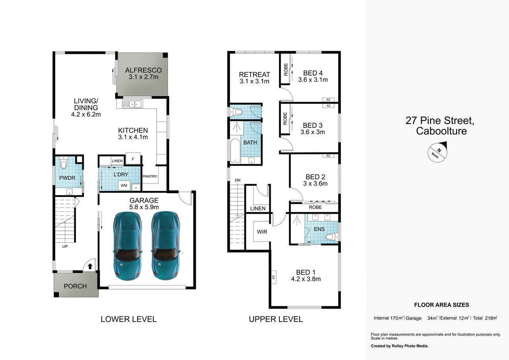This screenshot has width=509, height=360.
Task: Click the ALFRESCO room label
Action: point(143,70)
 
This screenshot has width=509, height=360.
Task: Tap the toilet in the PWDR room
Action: point(64,163)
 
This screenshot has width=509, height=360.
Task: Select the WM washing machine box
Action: point(124,185)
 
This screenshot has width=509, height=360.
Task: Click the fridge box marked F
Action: point(133,159)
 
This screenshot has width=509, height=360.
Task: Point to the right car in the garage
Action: point(165,246)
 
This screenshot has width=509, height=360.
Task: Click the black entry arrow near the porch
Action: point(90,266)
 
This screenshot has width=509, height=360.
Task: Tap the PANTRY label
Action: point(150,176)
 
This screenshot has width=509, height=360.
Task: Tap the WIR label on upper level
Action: point(262,232)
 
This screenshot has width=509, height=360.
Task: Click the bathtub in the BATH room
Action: point(234,151)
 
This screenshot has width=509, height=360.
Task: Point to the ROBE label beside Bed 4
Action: point(285,70)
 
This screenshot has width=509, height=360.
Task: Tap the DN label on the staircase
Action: point(238,180)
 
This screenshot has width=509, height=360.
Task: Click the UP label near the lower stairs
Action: point(65,246)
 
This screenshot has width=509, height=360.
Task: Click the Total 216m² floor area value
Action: point(485,318)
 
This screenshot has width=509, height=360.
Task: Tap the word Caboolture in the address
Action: point(441,131)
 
